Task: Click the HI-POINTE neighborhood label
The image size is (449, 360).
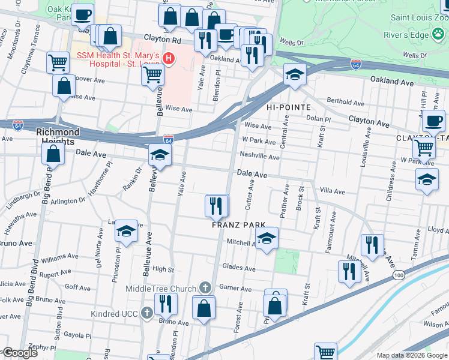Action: pos(288,107)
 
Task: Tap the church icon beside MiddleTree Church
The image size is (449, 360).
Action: pos(205,288)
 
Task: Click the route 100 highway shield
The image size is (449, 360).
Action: pos(399,274)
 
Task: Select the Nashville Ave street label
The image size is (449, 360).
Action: pos(259,157)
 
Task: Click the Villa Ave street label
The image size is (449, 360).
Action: pos(333,191)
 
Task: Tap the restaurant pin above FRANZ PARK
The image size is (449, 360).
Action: pos(216,206)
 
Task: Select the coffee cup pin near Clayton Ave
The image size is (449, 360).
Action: pos(432,121)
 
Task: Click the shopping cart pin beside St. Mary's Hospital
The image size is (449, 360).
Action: pos(152,74)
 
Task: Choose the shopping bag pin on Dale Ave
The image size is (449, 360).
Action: pos(53,153)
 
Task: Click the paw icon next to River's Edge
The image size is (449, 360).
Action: pos(439,34)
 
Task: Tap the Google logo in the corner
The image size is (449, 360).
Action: pos(20,353)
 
